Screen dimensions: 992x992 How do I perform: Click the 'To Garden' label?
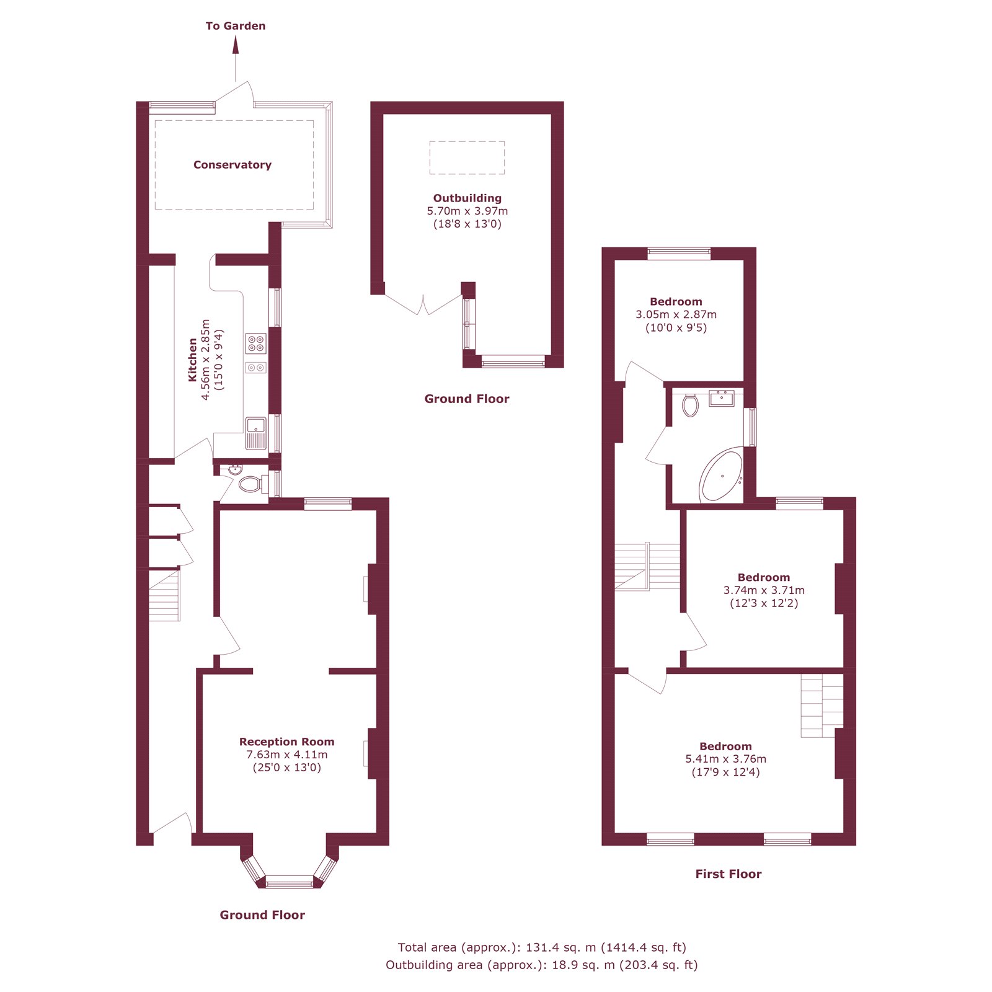[236, 26]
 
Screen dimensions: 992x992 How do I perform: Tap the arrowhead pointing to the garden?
[236, 45]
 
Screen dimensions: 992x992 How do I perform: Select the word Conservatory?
[232, 165]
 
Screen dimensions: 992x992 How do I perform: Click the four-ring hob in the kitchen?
[256, 343]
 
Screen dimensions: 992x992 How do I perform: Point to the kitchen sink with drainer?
[256, 433]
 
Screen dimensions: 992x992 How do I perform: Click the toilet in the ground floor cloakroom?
[251, 484]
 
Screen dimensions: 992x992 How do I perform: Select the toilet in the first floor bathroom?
[690, 406]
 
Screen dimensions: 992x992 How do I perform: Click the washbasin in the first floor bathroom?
[722, 398]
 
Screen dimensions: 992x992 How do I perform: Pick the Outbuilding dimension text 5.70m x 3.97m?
[467, 211]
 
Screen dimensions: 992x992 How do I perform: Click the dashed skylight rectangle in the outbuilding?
[467, 157]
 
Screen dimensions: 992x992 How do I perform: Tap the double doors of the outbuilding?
[423, 306]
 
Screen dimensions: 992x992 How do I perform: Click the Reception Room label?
[286, 742]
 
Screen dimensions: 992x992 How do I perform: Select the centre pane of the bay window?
[290, 881]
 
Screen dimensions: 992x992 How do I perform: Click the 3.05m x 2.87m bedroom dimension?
[676, 315]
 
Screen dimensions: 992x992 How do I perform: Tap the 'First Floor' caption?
[728, 874]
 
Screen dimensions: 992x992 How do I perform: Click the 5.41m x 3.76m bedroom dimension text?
[725, 759]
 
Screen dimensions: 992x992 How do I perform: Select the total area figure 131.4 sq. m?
[560, 947]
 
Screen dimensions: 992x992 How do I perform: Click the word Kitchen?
[193, 360]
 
